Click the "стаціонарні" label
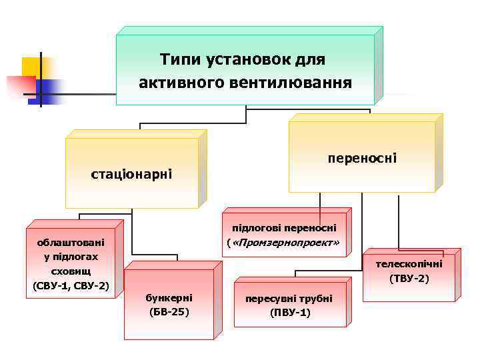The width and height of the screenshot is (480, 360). click(131, 175)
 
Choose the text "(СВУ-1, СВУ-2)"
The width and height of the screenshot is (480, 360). click(71, 286)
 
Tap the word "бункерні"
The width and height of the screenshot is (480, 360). click(169, 297)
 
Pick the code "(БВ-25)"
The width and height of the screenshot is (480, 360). click(169, 311)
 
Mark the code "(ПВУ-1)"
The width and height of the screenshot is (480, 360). click(290, 312)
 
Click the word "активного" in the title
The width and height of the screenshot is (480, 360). click(171, 83)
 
